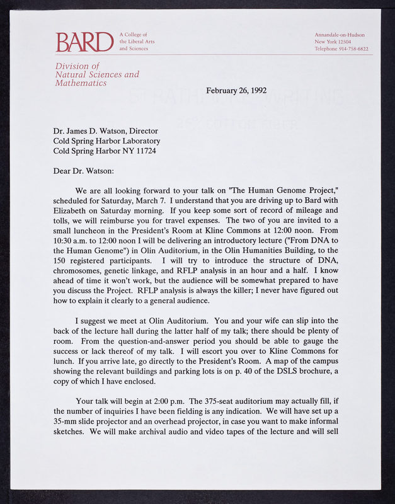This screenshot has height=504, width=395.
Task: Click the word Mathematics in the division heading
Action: click(80, 83)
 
